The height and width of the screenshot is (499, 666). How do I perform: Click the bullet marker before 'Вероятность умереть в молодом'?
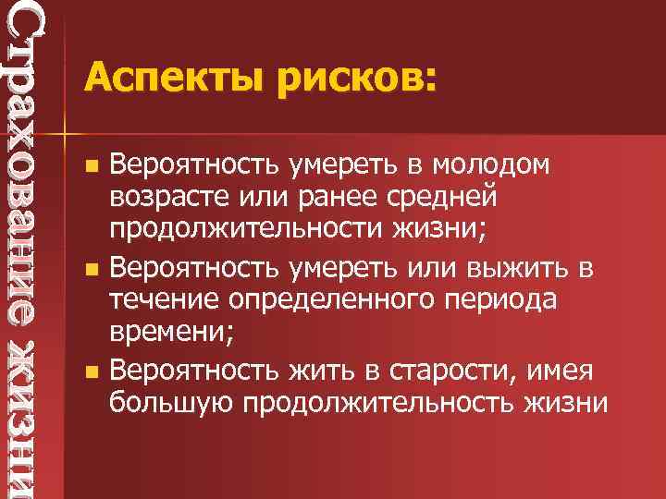(90, 167)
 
